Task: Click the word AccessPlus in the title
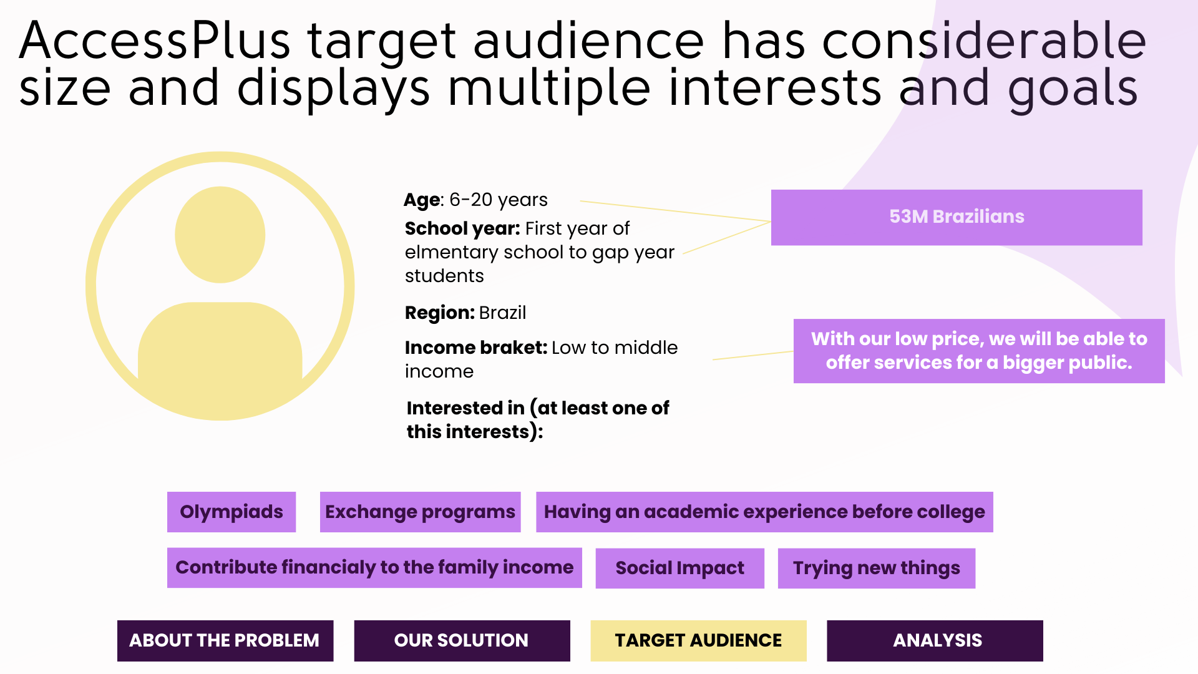(155, 41)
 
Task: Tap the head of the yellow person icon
(220, 235)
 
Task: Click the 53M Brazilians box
(957, 217)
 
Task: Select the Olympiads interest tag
(231, 512)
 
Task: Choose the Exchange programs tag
(420, 512)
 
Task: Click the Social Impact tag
(679, 568)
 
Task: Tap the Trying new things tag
(876, 568)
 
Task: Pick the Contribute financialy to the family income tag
(374, 567)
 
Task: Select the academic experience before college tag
(764, 512)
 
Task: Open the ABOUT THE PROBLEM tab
(225, 640)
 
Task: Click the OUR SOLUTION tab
(462, 640)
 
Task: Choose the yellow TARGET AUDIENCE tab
(698, 640)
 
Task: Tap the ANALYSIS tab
(935, 640)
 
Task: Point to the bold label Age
(422, 200)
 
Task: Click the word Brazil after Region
(502, 313)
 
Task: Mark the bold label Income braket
(475, 348)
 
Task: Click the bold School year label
(462, 229)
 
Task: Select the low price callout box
(979, 351)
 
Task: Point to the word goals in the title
(1073, 89)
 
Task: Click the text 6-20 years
(499, 200)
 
